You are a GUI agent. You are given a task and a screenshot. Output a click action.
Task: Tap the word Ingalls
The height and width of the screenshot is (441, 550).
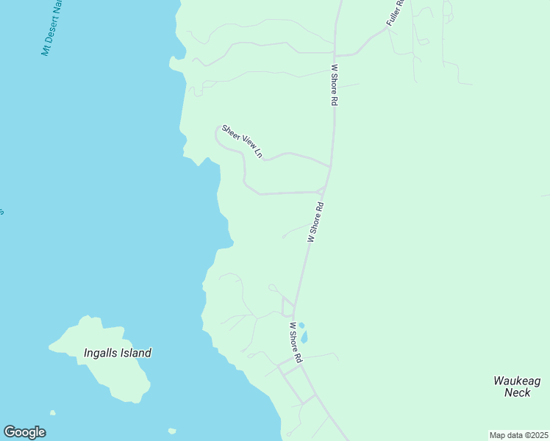[x=101, y=353]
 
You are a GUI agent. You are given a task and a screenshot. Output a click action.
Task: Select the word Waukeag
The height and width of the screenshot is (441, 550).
[x=516, y=380]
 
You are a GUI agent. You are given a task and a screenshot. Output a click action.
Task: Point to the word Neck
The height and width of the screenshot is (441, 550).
[x=517, y=392]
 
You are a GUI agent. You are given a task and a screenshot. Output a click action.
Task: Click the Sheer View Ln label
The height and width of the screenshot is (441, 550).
[x=242, y=140]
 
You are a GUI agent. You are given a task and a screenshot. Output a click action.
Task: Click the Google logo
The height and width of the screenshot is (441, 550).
[x=24, y=432]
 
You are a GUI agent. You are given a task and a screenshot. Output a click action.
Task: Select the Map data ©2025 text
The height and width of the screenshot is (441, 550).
[x=519, y=435]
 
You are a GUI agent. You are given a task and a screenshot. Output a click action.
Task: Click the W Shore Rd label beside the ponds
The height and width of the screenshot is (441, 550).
[x=296, y=343]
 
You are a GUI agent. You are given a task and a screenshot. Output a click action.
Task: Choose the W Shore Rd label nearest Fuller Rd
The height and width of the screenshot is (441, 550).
[x=334, y=85]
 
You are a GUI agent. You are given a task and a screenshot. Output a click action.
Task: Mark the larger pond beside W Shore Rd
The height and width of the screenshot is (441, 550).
[x=304, y=337]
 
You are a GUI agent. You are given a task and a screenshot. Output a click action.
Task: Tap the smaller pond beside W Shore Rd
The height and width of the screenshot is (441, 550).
[x=301, y=325]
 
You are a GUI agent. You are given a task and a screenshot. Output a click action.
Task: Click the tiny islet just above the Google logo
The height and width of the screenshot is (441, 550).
[x=52, y=413]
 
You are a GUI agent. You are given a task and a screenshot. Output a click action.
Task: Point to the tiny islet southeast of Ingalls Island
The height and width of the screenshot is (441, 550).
[x=172, y=431]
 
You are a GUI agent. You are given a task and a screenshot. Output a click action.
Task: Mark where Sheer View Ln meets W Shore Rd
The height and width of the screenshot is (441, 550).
[x=329, y=167]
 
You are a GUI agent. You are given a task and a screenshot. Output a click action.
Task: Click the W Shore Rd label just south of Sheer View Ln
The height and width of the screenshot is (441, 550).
[x=315, y=223]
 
